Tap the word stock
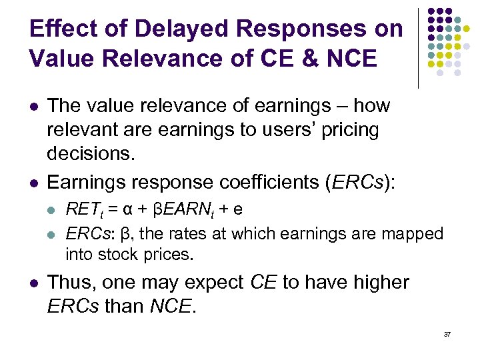(117, 254)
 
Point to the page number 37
(447, 333)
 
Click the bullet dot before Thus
(33, 283)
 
